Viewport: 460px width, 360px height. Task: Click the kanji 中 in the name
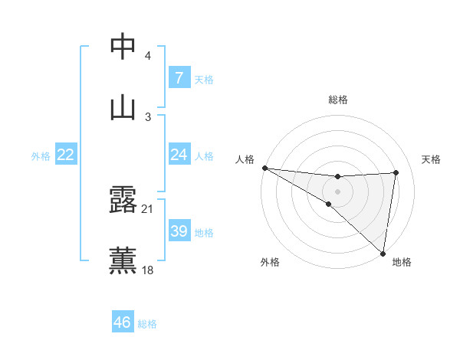pos(123,47)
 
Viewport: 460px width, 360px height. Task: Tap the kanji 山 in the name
pos(123,107)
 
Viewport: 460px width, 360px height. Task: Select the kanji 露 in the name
pos(123,200)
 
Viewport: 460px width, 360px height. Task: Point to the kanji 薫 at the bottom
pos(123,260)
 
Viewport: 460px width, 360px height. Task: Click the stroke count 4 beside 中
pos(147,57)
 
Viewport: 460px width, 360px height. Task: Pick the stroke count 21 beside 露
pos(148,208)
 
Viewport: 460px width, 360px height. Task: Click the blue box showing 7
pos(179,78)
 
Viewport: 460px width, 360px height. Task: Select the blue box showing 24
pos(179,155)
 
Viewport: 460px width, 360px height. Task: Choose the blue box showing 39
pos(179,231)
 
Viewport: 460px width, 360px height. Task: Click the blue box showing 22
pos(65,155)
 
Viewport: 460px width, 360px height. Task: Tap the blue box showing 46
pos(122,322)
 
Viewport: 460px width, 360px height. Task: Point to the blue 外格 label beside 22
pos(41,156)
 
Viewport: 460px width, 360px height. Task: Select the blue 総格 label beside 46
pos(147,324)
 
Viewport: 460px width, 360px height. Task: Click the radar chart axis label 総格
pos(338,100)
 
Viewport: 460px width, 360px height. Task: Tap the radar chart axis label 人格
pos(245,159)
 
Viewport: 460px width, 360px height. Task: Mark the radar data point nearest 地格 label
pos(383,253)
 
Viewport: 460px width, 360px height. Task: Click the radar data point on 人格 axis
pos(264,168)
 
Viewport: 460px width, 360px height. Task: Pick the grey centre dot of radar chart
pos(337,191)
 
